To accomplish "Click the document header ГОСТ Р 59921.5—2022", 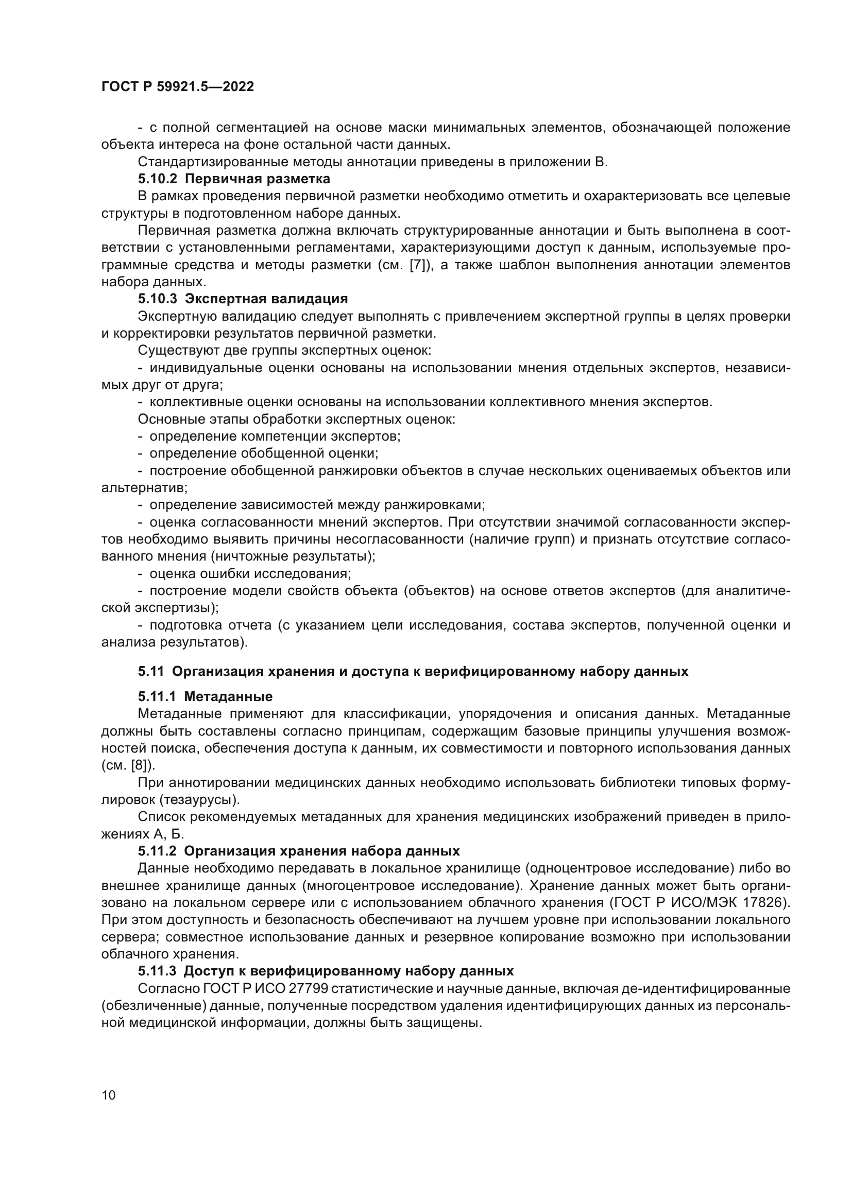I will (x=177, y=86).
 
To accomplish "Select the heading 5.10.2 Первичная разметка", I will (x=234, y=179).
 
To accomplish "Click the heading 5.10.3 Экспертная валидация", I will (x=243, y=299).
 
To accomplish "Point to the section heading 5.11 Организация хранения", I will (x=413, y=671).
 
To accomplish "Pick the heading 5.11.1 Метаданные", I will (x=205, y=696).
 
